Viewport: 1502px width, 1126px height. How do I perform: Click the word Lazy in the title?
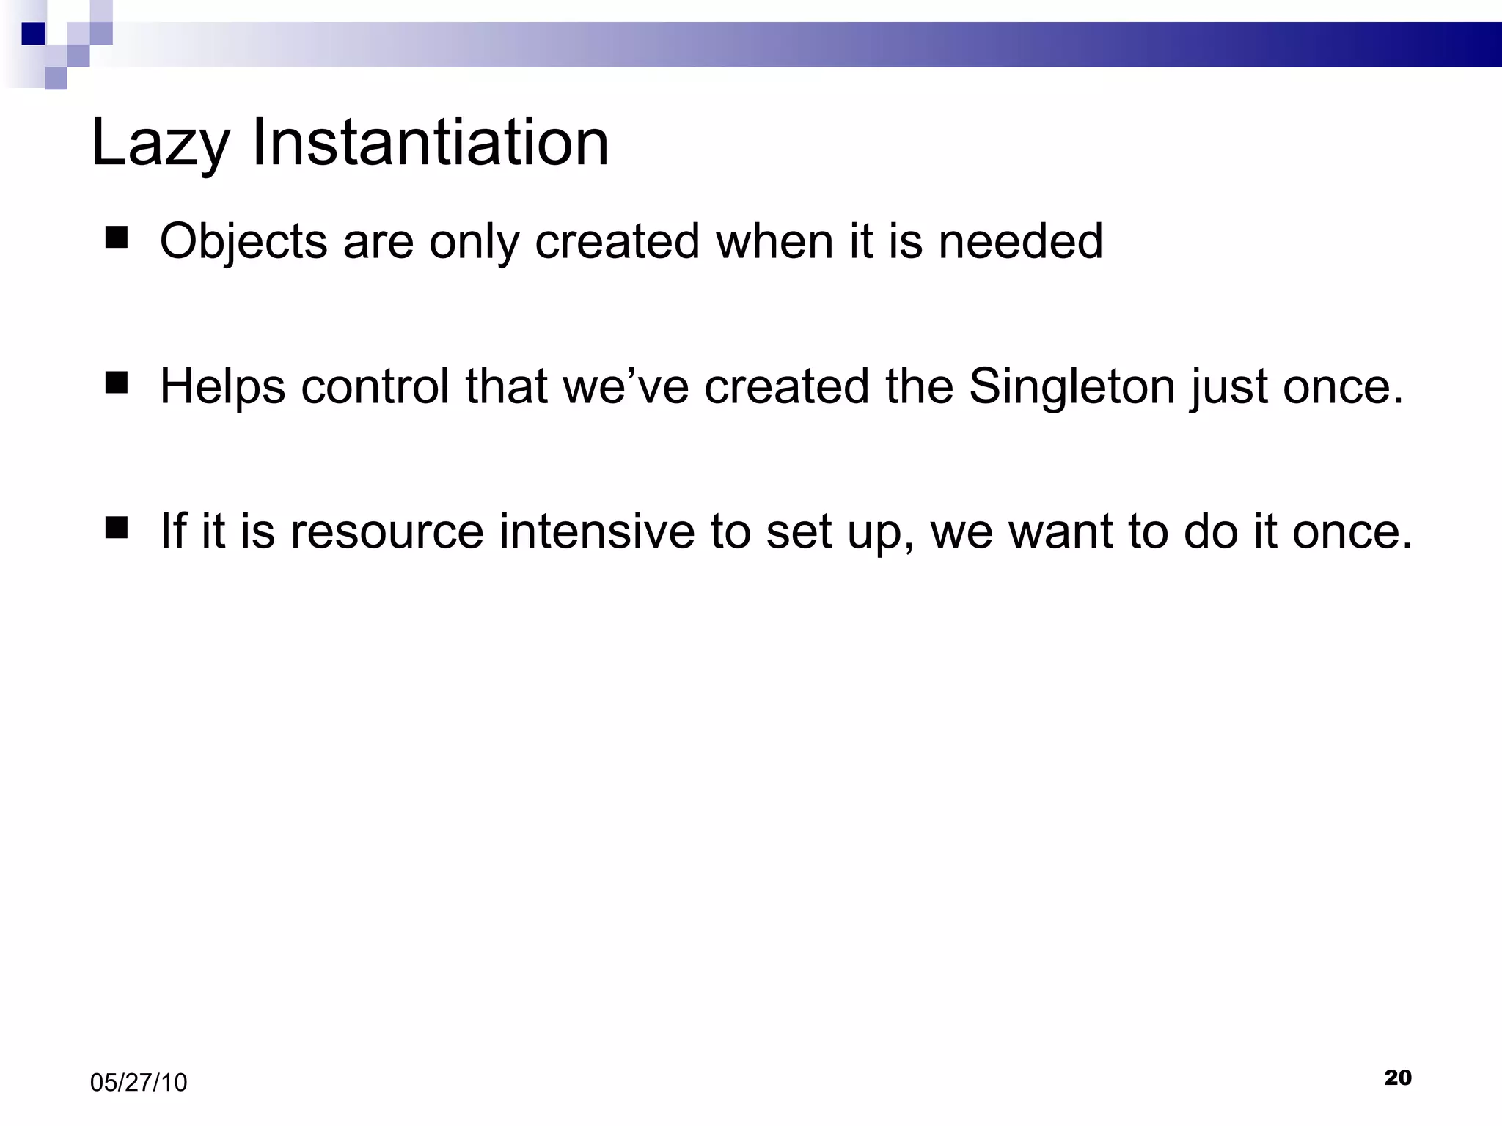coord(160,143)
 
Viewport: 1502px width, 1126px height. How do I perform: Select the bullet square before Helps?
coord(117,383)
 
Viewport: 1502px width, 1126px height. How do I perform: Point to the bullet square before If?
coord(117,528)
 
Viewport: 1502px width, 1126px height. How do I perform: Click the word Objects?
coord(243,242)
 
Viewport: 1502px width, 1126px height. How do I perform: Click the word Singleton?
coord(1072,386)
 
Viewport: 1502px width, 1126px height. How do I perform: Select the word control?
coord(375,386)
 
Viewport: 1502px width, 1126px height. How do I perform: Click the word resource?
coord(387,531)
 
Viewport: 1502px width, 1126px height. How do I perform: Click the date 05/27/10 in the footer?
coord(139,1083)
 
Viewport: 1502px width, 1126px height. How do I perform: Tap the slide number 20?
coord(1398,1078)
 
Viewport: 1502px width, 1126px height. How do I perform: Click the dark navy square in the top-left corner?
coord(33,34)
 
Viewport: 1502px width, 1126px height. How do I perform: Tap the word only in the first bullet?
coord(474,242)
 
